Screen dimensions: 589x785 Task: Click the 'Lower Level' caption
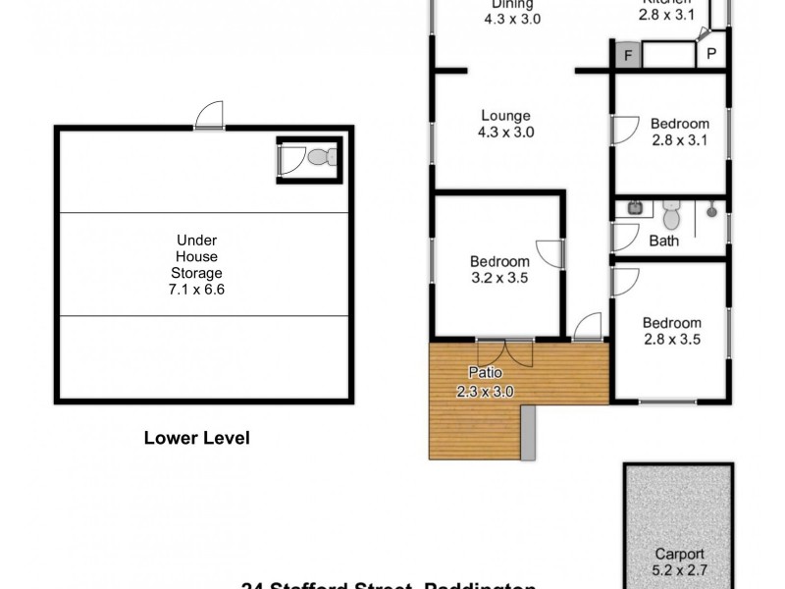point(196,438)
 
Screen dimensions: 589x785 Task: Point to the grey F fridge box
point(625,55)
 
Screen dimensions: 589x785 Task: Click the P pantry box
point(710,55)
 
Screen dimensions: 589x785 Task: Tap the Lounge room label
point(505,125)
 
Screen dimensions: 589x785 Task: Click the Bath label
point(664,240)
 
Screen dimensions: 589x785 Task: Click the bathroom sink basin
point(635,208)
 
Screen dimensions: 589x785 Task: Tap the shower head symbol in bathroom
point(713,208)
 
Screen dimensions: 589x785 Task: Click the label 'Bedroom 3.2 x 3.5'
point(499,270)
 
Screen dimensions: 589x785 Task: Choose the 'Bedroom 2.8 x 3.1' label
point(679,133)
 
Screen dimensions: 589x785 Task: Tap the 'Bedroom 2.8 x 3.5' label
point(672,332)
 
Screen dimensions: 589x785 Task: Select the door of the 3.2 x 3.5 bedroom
point(549,254)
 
